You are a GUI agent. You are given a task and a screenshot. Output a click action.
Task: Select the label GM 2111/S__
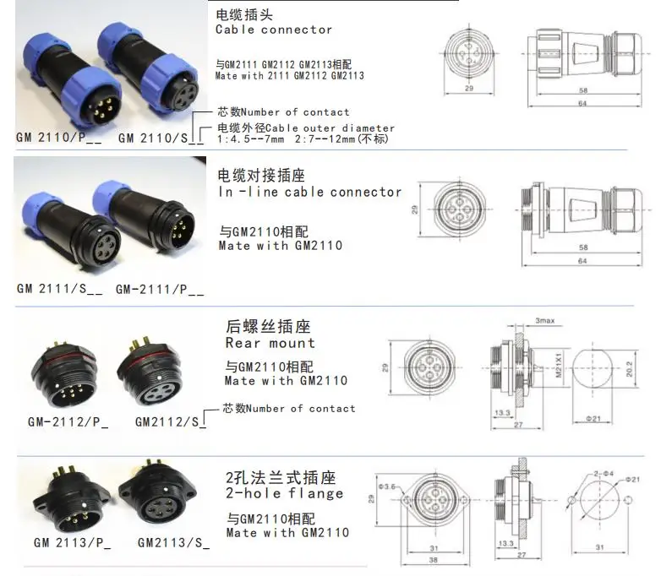pyautogui.click(x=59, y=289)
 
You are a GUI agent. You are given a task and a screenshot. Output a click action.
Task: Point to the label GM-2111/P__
pyautogui.click(x=160, y=289)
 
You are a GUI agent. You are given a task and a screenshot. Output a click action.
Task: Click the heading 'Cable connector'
pyautogui.click(x=274, y=30)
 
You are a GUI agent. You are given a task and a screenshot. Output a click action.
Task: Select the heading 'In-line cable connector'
pyautogui.click(x=309, y=192)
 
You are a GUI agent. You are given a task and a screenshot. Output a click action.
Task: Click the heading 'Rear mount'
pyautogui.click(x=270, y=343)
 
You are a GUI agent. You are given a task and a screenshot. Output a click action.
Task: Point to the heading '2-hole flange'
pyautogui.click(x=285, y=493)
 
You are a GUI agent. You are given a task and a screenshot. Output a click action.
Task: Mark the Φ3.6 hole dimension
pyautogui.click(x=388, y=486)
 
